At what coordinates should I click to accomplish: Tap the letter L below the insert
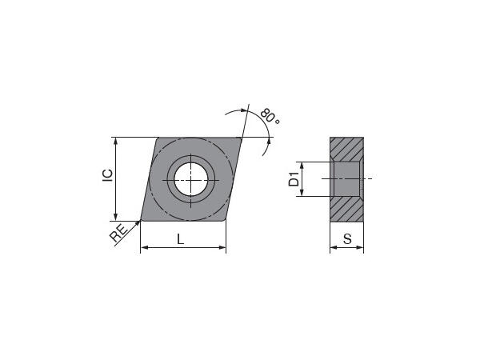tap(181, 239)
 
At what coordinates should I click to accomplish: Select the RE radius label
tap(118, 234)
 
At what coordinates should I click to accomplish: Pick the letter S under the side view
tap(346, 239)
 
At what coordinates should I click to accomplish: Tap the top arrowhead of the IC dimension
tap(117, 142)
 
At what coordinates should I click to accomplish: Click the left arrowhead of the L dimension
tap(145, 248)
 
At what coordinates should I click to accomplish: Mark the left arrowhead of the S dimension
tap(334, 248)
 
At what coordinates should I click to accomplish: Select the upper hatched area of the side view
tap(346, 148)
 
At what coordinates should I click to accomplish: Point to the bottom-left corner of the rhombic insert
tap(142, 219)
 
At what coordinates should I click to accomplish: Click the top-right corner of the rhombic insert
tap(241, 138)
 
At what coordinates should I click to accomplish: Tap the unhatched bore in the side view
tap(346, 178)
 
